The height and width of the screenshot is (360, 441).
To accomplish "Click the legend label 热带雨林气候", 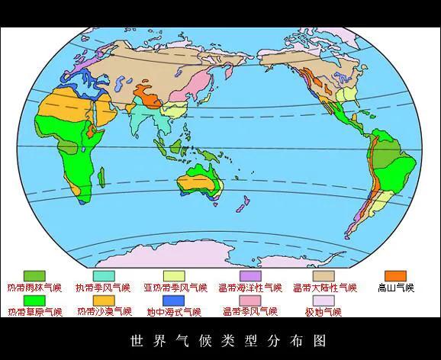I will pyautogui.click(x=34, y=288).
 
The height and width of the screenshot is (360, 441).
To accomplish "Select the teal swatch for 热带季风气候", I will pyautogui.click(x=103, y=275).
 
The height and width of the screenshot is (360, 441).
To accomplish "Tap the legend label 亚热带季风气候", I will pyautogui.click(x=175, y=288).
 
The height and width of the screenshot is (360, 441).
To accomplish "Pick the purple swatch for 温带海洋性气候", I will pyautogui.click(x=250, y=275).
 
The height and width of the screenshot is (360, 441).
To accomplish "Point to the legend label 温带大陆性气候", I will pyautogui.click(x=324, y=288).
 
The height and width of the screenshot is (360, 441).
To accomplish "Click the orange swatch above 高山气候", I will pyautogui.click(x=395, y=275).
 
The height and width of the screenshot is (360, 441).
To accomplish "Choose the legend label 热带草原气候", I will pyautogui.click(x=34, y=312).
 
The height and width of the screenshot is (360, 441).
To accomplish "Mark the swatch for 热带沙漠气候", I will pyautogui.click(x=104, y=301).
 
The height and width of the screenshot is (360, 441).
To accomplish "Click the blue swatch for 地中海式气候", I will pyautogui.click(x=174, y=301).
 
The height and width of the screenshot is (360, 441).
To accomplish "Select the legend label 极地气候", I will pyautogui.click(x=324, y=312).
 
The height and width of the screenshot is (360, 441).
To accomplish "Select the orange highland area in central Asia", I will pyautogui.click(x=145, y=96).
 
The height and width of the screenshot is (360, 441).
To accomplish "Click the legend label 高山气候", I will pyautogui.click(x=395, y=288).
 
